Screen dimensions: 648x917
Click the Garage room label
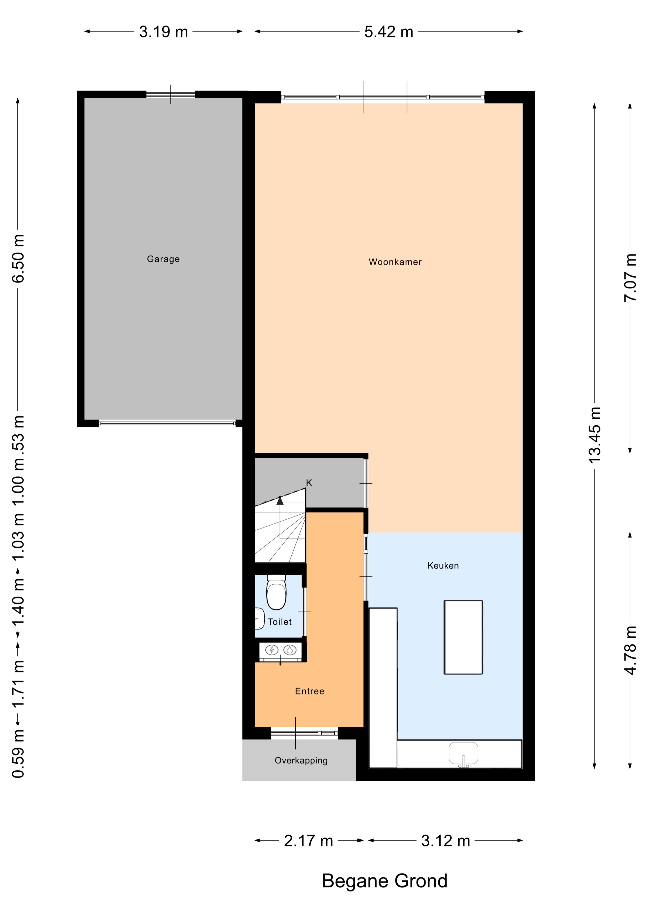[163, 259]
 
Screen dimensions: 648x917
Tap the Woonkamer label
[395, 262]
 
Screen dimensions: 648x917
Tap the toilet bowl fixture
[276, 592]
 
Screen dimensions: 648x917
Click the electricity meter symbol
[272, 650]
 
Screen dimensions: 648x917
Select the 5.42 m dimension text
[389, 32]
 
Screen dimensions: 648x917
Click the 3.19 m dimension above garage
[163, 32]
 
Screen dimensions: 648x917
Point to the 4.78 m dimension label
[630, 650]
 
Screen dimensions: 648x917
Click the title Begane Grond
[385, 881]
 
